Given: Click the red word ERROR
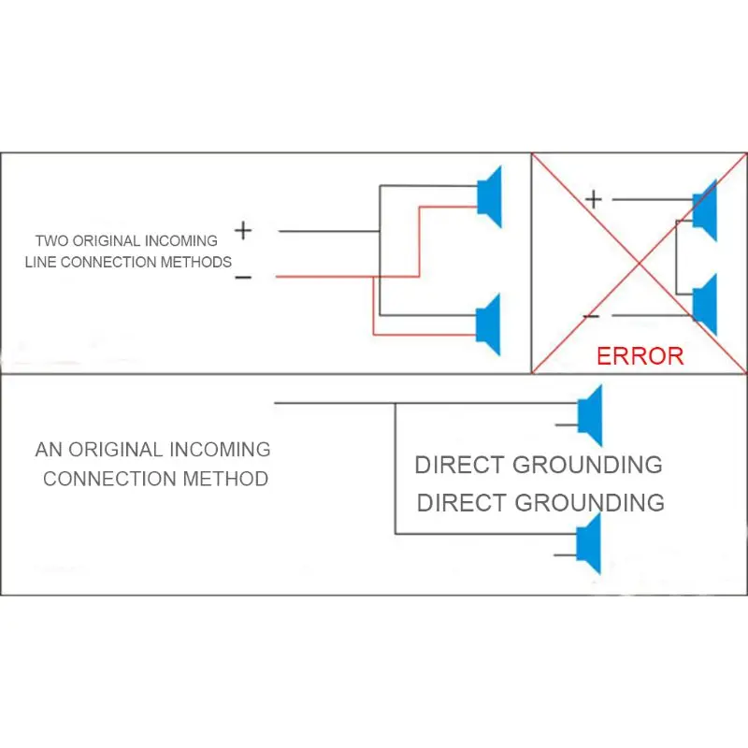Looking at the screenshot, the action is tap(640, 356).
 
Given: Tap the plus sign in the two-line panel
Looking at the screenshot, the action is tap(243, 231).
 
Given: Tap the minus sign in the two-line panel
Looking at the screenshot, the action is tap(243, 278).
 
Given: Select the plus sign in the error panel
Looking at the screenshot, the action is tap(594, 199).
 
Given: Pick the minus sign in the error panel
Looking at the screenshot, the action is tap(592, 316).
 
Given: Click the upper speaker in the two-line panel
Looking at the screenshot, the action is tap(489, 196).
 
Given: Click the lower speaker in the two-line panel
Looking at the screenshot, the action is tap(488, 324).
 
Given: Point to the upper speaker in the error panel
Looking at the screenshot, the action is tap(705, 210).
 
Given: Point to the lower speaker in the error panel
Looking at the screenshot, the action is tap(705, 305).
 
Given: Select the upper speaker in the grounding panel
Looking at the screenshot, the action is tap(590, 415).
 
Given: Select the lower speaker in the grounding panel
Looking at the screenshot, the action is tap(589, 544).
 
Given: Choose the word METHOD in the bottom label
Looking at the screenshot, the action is tap(225, 479).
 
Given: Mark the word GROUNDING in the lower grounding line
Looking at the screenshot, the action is tap(590, 503).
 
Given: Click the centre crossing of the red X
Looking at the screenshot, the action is tap(640, 263).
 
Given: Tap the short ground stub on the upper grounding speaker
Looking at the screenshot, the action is tap(567, 424).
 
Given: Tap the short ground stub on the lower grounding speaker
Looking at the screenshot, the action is tap(566, 554).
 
